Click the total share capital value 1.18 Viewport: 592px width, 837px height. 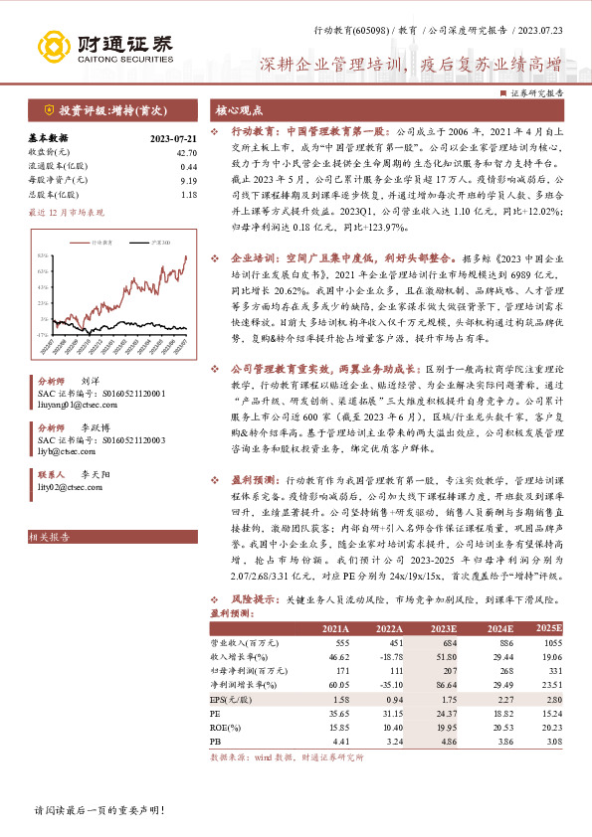click(x=189, y=195)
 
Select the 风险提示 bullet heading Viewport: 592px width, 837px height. click(x=254, y=600)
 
